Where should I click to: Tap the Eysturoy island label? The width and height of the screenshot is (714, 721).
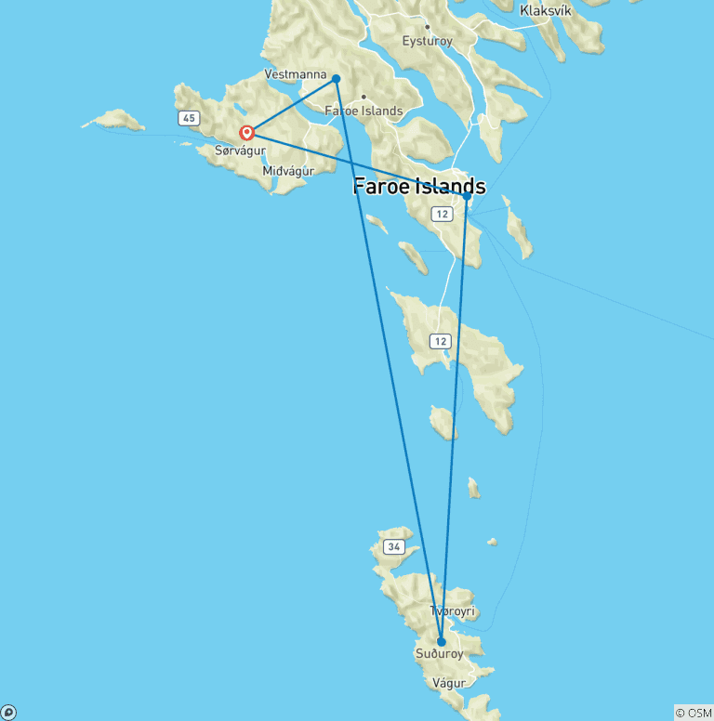tap(426, 41)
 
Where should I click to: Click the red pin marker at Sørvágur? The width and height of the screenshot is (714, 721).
tap(246, 133)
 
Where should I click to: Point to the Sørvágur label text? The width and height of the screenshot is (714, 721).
tap(240, 151)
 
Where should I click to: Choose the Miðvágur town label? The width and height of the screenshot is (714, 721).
tap(289, 171)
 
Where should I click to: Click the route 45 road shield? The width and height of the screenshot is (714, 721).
tap(190, 118)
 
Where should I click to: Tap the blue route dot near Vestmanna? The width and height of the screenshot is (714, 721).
tap(336, 79)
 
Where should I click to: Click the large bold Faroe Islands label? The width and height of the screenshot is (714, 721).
tap(418, 186)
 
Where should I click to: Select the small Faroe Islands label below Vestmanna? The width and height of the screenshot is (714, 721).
tap(364, 111)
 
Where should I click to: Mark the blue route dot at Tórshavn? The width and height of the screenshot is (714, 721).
tap(467, 196)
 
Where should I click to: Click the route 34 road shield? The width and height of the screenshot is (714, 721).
tap(393, 547)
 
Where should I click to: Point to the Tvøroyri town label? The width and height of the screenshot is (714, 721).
tap(453, 611)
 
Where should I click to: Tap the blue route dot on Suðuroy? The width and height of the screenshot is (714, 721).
tap(442, 642)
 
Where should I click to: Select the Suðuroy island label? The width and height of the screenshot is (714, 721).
tap(439, 654)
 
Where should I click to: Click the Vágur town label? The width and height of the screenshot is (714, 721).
tap(449, 683)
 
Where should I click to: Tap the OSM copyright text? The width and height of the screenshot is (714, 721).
tap(694, 713)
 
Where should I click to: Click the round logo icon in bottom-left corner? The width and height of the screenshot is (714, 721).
tap(8, 713)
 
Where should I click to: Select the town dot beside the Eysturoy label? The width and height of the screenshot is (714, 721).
tap(427, 27)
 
